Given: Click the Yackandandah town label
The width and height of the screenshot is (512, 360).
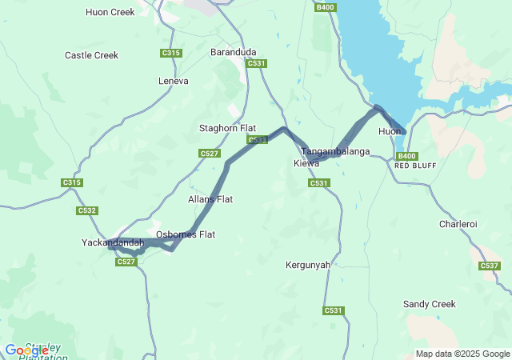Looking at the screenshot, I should click(x=113, y=242).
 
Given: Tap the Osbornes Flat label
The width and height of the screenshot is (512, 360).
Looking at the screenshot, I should click(x=186, y=234).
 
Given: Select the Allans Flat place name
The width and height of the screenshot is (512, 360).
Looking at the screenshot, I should click(x=210, y=199).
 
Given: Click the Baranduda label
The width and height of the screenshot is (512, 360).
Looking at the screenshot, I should click(x=233, y=52).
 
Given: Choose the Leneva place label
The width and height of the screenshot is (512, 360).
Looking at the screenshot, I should click(x=174, y=81).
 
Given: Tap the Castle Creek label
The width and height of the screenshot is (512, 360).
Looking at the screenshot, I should click(x=91, y=55).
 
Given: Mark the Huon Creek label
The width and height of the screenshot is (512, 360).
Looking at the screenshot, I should click(x=110, y=12).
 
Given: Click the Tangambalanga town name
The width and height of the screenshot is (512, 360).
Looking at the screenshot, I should click(x=335, y=151).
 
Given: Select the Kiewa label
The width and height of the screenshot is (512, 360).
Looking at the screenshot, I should click(x=306, y=163).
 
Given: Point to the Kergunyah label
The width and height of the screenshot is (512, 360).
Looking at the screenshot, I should click(x=308, y=265).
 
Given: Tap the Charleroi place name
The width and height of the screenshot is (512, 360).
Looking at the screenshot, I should click(x=458, y=224).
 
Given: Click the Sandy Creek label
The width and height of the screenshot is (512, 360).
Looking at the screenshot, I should click(x=429, y=304).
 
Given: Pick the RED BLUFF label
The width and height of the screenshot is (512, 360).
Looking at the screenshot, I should click(x=414, y=166).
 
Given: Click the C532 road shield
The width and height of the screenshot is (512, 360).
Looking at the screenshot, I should click(x=87, y=210).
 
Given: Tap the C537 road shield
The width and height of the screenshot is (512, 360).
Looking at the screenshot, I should click(x=490, y=266).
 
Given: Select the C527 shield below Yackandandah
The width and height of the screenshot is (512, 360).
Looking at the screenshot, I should click(x=126, y=262).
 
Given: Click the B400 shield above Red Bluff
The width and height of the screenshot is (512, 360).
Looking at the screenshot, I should click(x=406, y=156).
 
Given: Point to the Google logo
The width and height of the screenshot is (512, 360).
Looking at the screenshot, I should click(x=26, y=350).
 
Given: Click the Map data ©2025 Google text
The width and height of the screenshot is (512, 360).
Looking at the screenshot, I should click(x=462, y=354).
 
